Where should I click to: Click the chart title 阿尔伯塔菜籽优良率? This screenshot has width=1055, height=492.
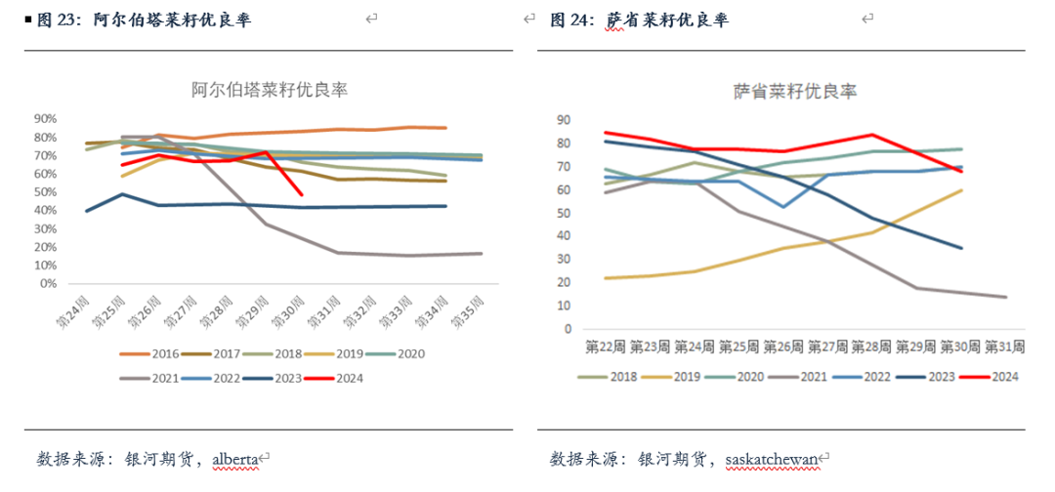point(270,90)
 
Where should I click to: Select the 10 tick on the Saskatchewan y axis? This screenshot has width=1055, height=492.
point(563,306)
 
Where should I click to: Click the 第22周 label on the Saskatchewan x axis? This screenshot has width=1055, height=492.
point(606,347)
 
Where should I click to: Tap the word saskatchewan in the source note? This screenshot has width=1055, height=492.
point(771,458)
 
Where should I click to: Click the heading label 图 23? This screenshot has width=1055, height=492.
point(59,19)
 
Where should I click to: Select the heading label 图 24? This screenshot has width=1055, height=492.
point(571,19)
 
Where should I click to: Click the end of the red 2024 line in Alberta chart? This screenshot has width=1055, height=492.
point(301,195)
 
